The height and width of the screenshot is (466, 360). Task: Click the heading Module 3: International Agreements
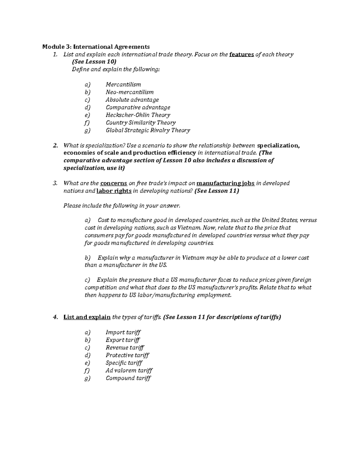point(96,47)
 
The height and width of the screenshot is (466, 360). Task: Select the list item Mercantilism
point(123,85)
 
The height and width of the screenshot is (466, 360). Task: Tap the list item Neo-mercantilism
point(130,92)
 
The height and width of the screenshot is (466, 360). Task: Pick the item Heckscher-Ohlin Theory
point(138,115)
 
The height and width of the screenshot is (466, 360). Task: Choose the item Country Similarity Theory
point(141,122)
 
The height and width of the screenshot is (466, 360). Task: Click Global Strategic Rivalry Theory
point(148,130)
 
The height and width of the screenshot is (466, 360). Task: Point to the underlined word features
point(241,54)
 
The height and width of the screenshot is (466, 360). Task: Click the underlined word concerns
point(114,183)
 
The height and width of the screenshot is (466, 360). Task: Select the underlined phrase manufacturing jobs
point(226,183)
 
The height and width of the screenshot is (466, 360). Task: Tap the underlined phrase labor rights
point(114,191)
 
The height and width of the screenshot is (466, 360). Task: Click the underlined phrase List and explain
point(87,317)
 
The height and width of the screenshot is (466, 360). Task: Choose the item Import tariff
point(123,332)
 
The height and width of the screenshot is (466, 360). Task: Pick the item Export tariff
point(123,340)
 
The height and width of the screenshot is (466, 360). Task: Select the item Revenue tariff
point(125,347)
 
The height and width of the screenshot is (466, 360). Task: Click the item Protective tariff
point(127,355)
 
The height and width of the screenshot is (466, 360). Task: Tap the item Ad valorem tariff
point(129,370)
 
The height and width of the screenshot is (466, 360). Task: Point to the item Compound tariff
point(128,378)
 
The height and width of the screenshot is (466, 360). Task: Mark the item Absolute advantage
point(132,100)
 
